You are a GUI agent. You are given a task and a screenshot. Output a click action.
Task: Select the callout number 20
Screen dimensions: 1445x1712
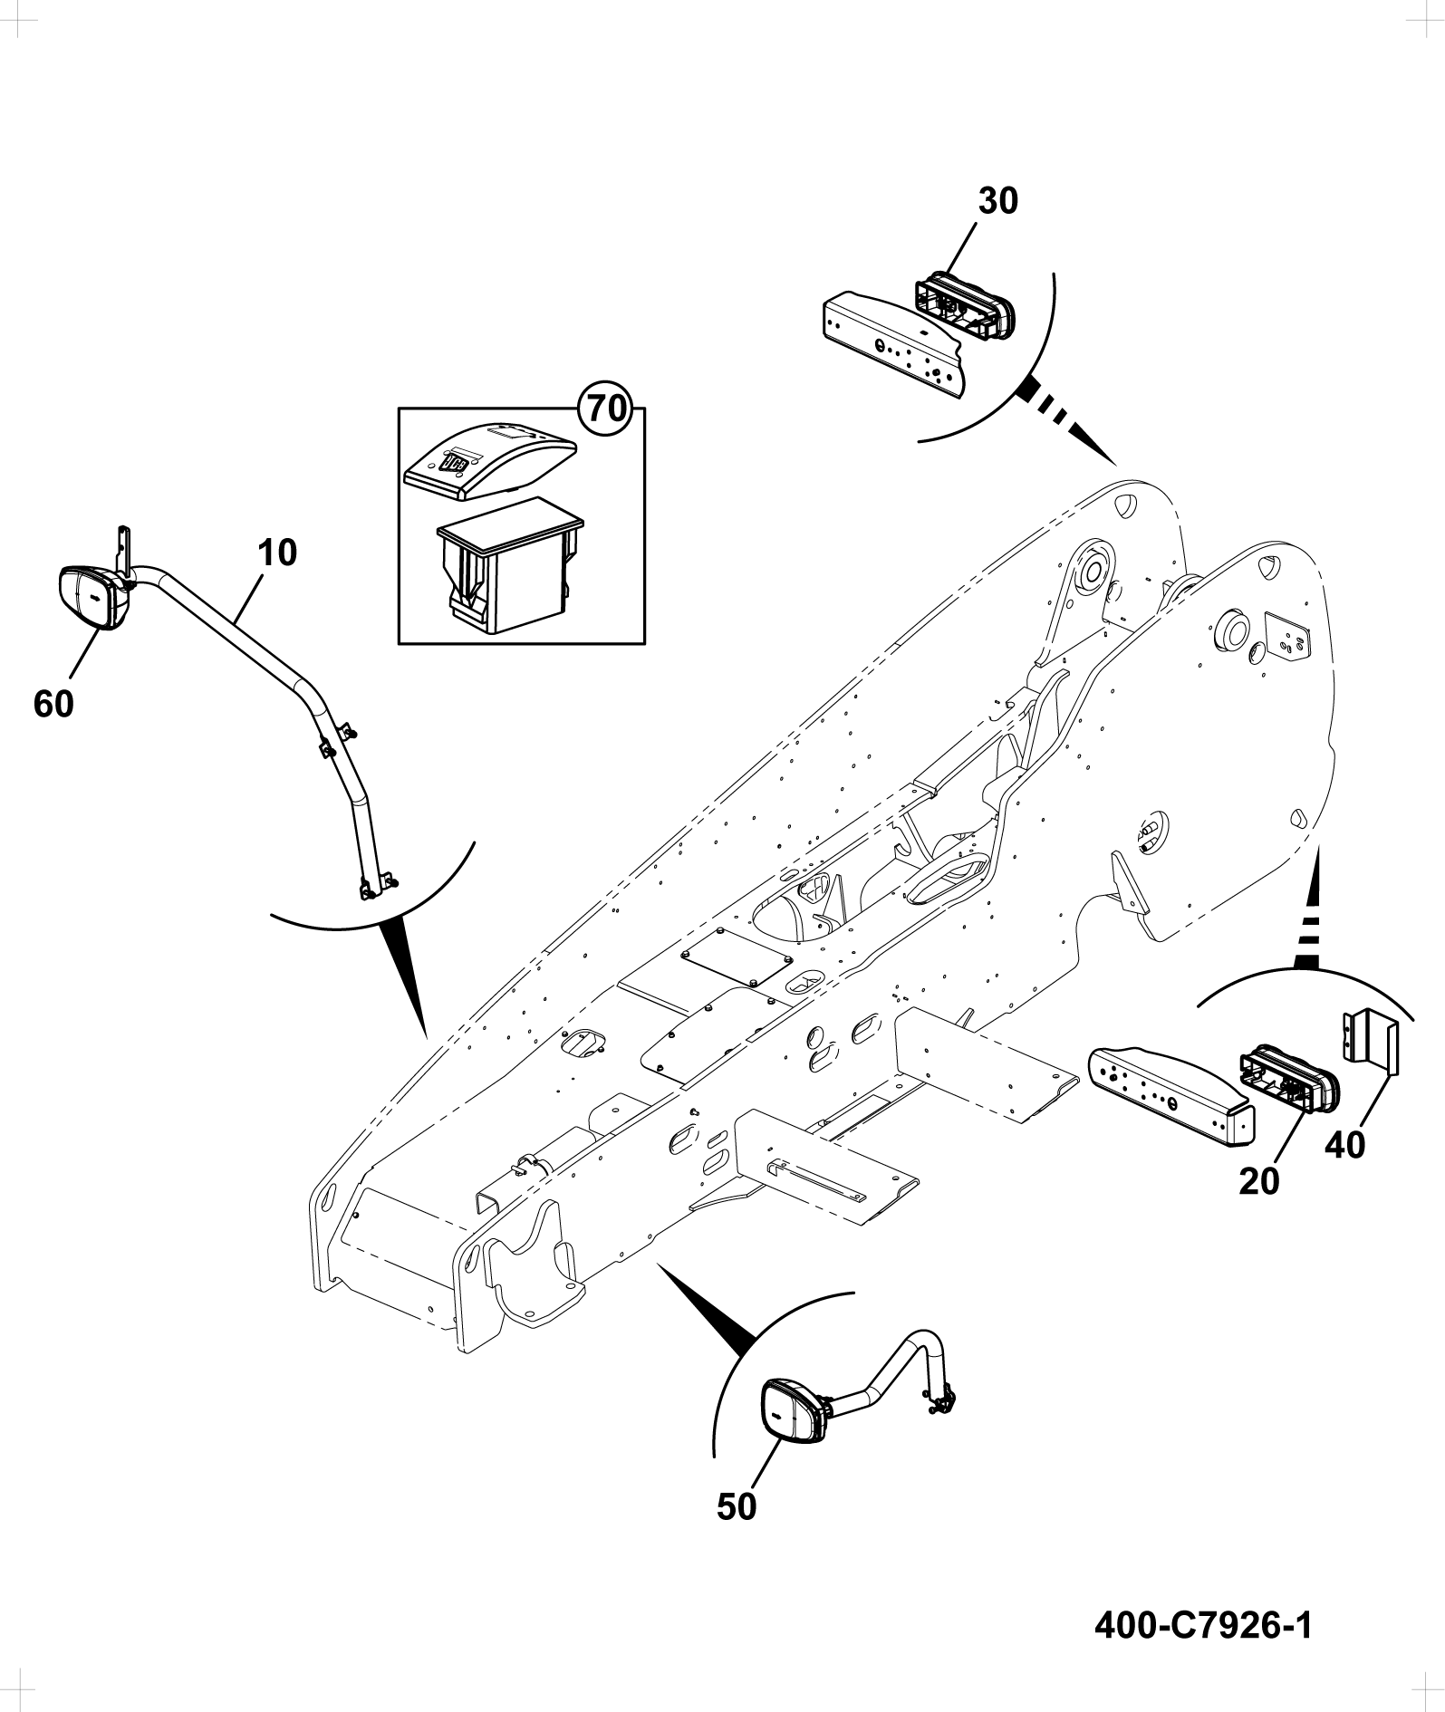coord(1260,1181)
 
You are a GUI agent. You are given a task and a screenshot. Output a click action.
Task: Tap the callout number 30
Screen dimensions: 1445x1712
coord(998,201)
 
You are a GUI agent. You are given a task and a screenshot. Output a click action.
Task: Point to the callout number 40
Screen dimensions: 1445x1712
coord(1344,1145)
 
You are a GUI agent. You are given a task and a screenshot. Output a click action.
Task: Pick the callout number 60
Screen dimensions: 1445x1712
coord(53,703)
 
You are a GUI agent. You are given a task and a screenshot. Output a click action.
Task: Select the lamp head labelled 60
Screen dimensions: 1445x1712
coord(93,597)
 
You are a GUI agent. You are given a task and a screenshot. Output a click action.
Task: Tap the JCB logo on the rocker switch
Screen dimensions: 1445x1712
coord(454,466)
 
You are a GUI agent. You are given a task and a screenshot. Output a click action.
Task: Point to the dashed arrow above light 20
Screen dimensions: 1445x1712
coord(1310,910)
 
